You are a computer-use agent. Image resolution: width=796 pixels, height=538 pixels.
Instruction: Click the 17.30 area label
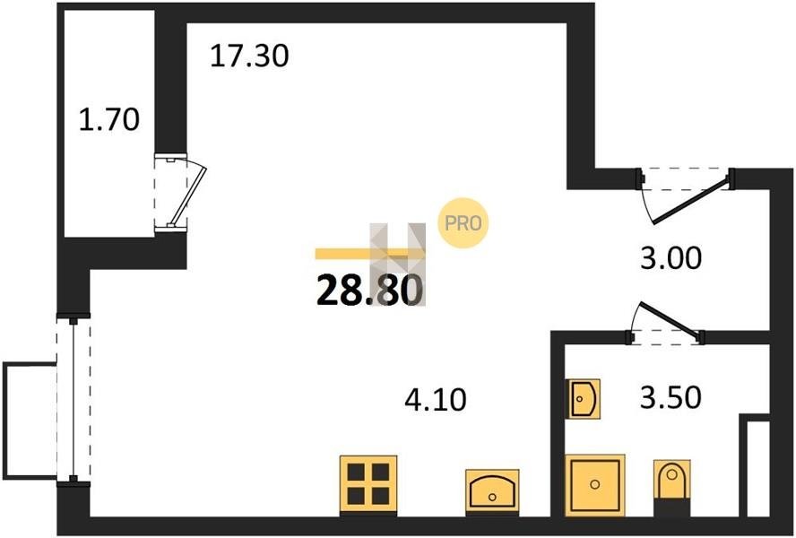[249, 56]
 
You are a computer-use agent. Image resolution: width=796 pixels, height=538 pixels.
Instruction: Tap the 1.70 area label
[109, 120]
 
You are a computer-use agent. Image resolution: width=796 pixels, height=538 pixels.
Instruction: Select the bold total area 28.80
[369, 291]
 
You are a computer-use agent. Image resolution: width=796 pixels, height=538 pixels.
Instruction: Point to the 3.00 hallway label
[671, 258]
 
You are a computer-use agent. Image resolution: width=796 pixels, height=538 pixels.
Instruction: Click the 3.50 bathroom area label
[671, 397]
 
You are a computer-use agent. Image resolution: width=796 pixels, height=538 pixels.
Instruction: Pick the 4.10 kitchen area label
[436, 399]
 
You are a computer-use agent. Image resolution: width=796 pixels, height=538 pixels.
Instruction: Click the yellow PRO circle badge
[463, 223]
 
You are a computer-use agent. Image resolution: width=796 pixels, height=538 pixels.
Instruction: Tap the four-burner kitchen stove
[368, 485]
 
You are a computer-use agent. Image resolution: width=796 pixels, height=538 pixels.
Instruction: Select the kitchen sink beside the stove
[492, 491]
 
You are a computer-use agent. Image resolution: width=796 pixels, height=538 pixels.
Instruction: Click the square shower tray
[594, 485]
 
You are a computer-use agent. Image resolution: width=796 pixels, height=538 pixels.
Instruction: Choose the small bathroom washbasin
[584, 398]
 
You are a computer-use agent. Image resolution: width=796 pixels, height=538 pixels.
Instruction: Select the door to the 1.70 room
[188, 193]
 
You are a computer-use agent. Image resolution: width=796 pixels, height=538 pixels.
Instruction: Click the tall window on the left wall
[74, 400]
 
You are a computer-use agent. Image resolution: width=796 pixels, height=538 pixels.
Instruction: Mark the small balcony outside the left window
[29, 421]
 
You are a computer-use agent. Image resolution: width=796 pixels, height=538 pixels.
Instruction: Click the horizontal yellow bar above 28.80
[370, 254]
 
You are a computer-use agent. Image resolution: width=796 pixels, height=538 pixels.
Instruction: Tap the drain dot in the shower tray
[594, 485]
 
